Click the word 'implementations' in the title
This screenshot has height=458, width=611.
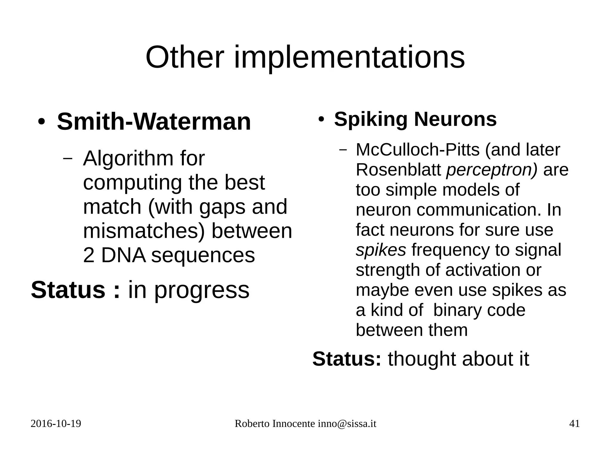(349, 57)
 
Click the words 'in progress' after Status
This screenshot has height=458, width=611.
(189, 290)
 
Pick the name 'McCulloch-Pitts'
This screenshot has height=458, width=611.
(418, 149)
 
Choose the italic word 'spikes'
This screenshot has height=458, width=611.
(381, 250)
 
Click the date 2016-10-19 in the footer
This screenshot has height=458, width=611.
(56, 424)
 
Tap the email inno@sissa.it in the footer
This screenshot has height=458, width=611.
(347, 424)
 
